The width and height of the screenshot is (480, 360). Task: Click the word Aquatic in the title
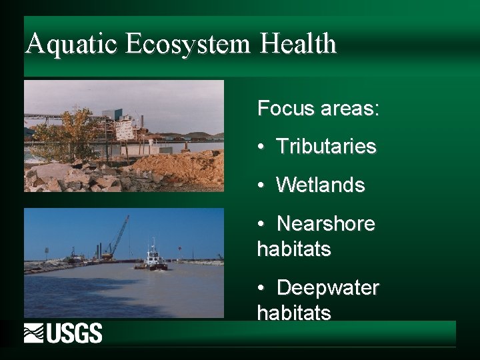tap(71, 45)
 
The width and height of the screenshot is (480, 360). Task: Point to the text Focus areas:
tap(318, 108)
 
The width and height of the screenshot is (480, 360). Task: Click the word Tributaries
tap(326, 146)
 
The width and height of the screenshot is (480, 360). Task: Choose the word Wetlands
tap(321, 185)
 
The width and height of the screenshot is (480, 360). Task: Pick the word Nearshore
tap(325, 224)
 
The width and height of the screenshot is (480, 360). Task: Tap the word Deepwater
tap(327, 288)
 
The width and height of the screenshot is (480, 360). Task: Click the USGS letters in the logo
tap(75, 333)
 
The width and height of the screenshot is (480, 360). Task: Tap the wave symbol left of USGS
tap(34, 333)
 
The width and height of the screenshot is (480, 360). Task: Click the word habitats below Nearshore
tap(293, 249)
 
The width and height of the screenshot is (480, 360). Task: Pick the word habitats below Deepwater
tap(293, 313)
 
